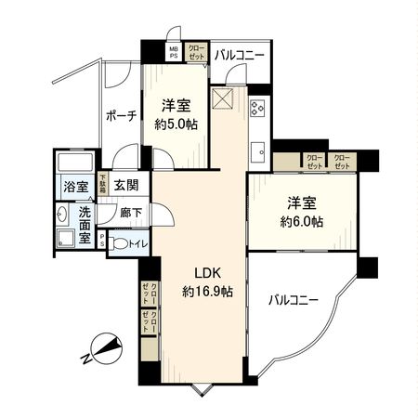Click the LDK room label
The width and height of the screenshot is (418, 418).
tap(206, 272)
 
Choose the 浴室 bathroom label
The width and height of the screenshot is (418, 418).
tap(75, 187)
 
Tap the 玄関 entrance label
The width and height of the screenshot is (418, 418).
tap(126, 186)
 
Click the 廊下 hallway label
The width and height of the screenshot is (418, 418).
tap(130, 213)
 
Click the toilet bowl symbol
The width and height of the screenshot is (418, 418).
tap(119, 245)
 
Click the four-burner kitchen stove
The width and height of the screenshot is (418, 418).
tap(258, 107)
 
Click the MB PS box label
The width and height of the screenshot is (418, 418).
tap(174, 53)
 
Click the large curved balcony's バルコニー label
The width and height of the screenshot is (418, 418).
tap(294, 300)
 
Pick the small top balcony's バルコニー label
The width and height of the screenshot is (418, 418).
tap(239, 55)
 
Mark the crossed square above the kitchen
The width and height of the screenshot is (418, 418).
tap(224, 98)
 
